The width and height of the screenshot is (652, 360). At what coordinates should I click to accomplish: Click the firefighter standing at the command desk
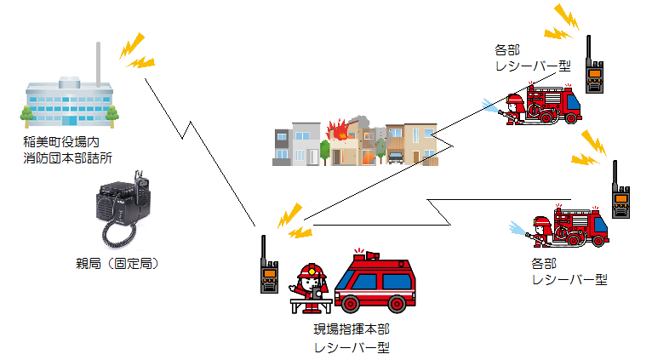(309, 283)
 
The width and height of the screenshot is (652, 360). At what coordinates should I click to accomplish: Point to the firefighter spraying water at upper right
(513, 109)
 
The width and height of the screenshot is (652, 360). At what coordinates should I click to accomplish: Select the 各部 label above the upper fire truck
(506, 49)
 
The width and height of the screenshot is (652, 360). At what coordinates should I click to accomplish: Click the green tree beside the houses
(323, 152)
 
